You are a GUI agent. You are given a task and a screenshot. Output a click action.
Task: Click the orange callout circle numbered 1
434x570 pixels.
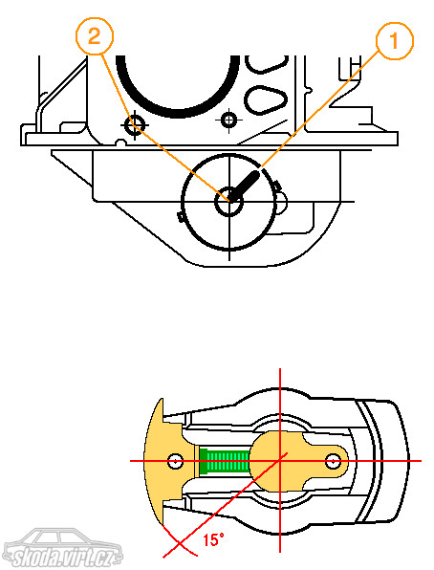pos(395,40)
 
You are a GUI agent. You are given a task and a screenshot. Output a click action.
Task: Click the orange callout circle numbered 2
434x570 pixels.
pos(95,36)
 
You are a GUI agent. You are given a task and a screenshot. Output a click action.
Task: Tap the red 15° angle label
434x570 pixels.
pos(213,539)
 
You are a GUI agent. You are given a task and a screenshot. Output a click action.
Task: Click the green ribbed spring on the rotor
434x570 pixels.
pos(225,461)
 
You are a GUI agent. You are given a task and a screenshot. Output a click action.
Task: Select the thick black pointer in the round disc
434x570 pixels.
pos(245,186)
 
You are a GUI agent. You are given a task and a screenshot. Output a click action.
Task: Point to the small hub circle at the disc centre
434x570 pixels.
pos(229,201)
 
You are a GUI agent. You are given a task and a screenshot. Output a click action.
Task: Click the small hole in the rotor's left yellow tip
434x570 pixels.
pos(176,461)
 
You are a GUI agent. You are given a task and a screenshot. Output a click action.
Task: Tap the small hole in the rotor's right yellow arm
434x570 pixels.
pos(333,461)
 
